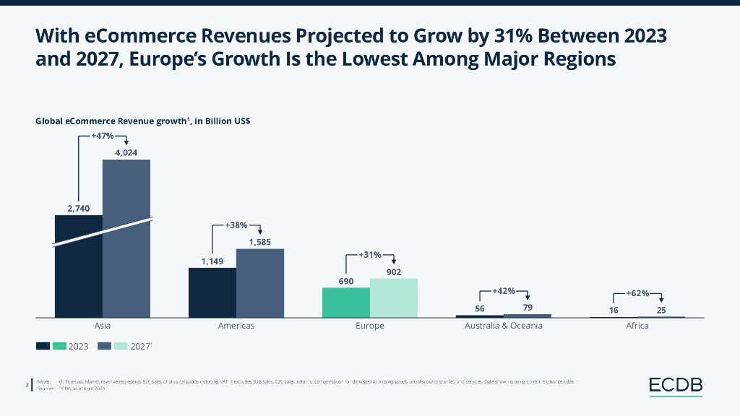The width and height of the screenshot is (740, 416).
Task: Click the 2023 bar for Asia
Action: pos(79,267)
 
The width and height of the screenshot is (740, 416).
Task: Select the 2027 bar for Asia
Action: pos(126,238)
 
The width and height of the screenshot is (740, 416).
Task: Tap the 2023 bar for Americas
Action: pos(212,292)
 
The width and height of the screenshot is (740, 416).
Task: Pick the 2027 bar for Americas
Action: pos(260,283)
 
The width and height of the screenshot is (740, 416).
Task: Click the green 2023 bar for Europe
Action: pos(346,303)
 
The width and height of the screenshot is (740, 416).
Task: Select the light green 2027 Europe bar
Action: pos(394,298)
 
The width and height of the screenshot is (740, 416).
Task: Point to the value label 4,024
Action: pos(126,152)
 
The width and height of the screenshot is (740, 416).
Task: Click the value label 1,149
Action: pos(212,261)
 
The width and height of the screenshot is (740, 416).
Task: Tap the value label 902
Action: pos(394,272)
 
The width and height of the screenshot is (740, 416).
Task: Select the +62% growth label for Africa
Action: pos(637,294)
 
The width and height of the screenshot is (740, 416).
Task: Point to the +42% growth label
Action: pos(504,290)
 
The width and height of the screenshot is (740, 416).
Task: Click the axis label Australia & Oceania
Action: pos(503,326)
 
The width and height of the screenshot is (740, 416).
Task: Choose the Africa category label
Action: pos(637,326)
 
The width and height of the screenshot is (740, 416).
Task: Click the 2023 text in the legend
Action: pos(78,347)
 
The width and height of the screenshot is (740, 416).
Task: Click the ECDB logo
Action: pos(675,386)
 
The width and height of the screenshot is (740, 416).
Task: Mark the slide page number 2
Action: pos(27,386)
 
